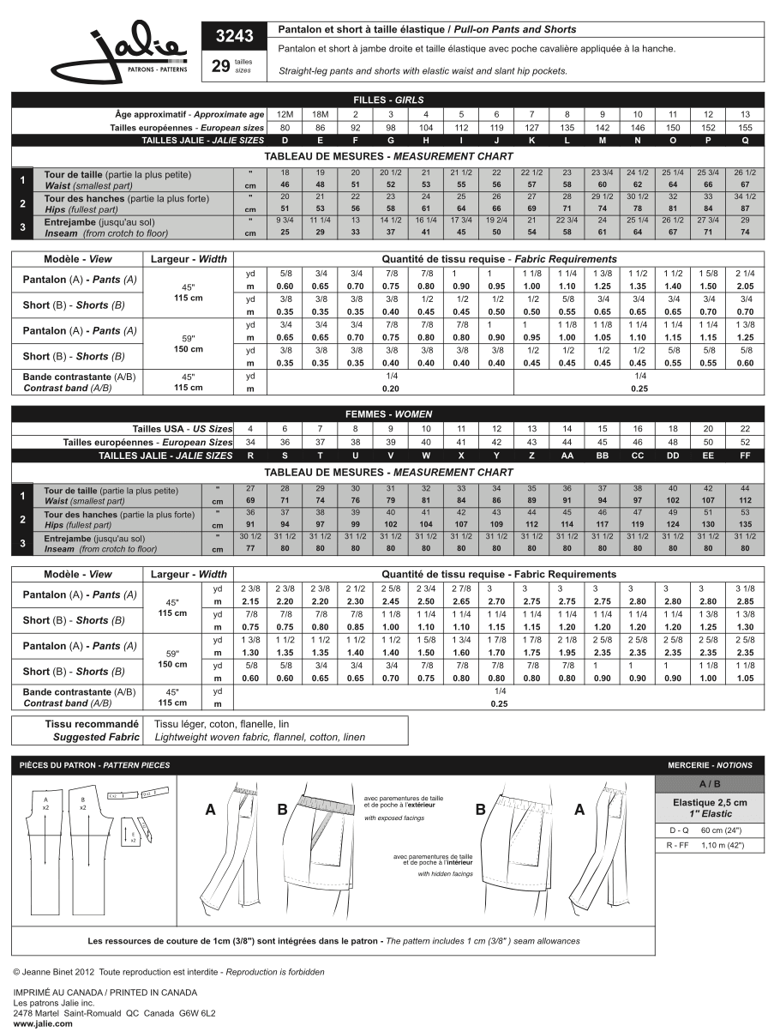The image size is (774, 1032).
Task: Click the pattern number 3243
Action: pos(231,36)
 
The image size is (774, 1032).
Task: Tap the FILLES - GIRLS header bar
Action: pos(387,100)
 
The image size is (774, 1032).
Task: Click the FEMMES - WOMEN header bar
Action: pos(387,413)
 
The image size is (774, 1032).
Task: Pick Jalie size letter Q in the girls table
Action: pos(745,140)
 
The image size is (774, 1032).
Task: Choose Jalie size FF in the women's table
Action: pos(745,456)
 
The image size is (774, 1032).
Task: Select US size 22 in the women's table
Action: pos(745,429)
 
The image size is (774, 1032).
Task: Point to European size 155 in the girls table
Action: pos(745,127)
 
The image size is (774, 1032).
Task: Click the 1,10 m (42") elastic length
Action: pos(723,845)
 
